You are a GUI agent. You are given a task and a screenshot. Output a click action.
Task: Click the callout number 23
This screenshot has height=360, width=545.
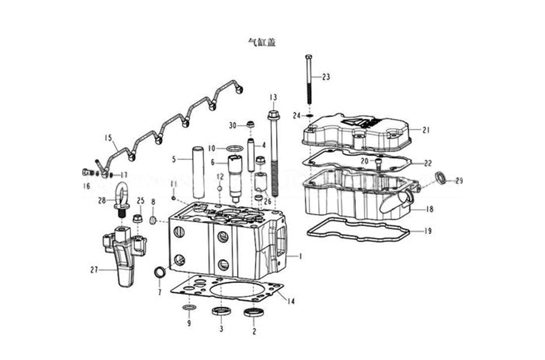point(326,77)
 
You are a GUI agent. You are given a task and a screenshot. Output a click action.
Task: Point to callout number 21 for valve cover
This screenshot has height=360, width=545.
point(426,130)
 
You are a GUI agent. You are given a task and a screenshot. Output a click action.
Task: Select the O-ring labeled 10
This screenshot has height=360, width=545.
point(233,148)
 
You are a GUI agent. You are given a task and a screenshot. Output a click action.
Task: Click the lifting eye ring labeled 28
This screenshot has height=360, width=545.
point(122,194)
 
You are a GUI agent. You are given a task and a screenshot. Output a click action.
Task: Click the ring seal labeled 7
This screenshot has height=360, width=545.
point(159,271)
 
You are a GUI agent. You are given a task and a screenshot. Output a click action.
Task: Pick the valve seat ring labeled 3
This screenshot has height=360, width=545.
point(221,311)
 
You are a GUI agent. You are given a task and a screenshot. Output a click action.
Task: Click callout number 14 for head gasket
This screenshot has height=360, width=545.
point(291,301)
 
